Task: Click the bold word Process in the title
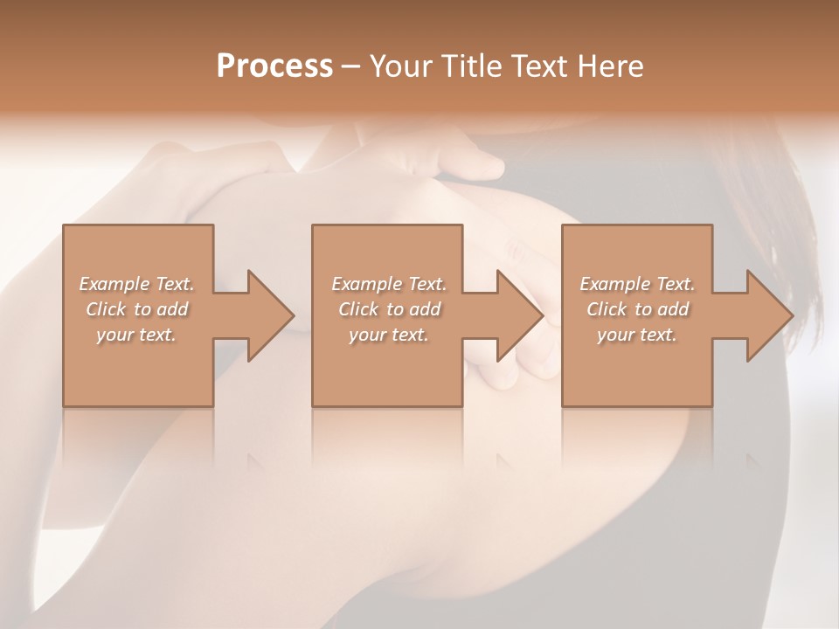274,66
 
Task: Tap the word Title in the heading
470,66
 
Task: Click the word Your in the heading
401,66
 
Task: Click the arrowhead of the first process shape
270,315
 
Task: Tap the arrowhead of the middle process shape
519,315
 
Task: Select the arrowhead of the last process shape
769,315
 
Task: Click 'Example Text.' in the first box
137,284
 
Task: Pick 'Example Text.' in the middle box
389,284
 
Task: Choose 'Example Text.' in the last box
637,284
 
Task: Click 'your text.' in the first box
136,335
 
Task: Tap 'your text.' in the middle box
388,335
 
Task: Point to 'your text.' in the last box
637,335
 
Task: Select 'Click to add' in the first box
137,309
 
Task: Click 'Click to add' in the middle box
389,309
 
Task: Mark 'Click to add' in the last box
637,309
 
